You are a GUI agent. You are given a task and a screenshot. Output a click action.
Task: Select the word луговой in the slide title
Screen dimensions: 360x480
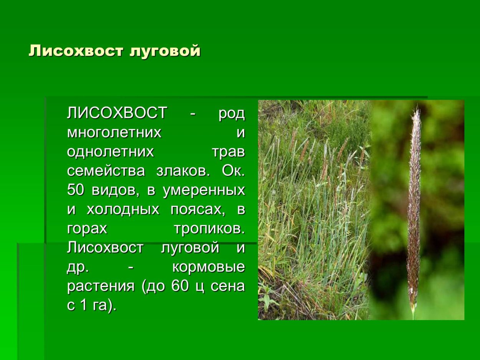(x=165, y=51)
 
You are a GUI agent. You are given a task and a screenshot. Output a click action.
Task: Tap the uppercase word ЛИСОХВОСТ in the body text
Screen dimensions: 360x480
(x=117, y=114)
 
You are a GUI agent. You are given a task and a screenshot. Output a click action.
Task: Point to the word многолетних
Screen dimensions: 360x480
(x=114, y=133)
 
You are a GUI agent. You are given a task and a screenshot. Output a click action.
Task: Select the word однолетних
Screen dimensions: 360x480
(x=110, y=152)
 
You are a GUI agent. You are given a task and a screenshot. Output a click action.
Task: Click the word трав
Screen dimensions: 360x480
(x=228, y=152)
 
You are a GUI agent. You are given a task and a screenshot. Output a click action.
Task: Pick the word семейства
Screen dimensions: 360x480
(x=106, y=171)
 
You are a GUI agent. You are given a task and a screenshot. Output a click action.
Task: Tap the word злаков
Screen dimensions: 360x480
(x=183, y=171)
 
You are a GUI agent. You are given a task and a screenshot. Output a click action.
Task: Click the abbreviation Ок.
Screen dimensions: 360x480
(x=233, y=171)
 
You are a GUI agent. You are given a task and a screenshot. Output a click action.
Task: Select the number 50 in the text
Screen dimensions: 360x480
(x=75, y=190)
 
